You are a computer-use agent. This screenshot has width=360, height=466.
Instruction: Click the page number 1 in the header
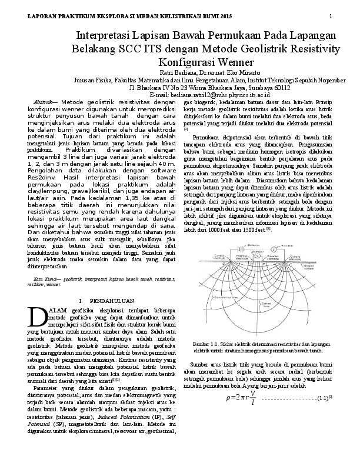pyautogui.click(x=331, y=15)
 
